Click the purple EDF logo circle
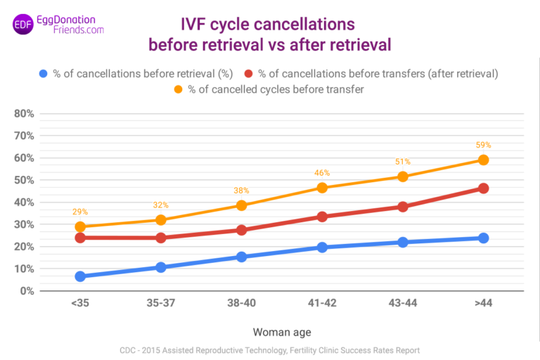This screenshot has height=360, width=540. tap(23, 25)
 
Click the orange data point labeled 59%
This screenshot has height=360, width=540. tap(483, 160)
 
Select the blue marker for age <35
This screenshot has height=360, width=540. tap(80, 276)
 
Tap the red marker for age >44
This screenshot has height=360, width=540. tap(483, 188)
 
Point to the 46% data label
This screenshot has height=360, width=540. tap(322, 173)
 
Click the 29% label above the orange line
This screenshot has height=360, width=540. tap(80, 212)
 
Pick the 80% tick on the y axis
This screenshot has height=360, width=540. tap(25, 113)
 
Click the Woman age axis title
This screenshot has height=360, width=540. tap(281, 331)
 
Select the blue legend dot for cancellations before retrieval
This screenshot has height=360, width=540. tap(44, 73)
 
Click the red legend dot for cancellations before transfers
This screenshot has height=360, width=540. tap(248, 73)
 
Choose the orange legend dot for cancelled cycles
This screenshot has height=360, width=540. tap(178, 89)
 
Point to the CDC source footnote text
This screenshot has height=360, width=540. tap(269, 349)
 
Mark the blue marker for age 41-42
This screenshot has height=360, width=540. tap(322, 247)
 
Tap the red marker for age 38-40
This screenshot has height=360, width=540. tap(241, 230)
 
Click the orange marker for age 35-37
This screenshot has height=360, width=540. tap(161, 220)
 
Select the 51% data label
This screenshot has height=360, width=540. tap(402, 162)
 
